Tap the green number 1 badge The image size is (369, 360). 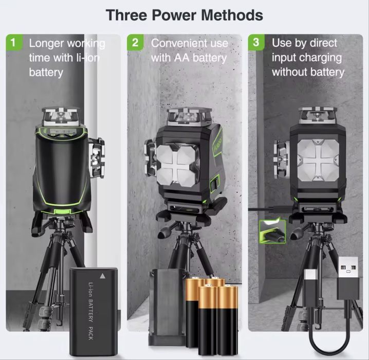(x=14, y=43)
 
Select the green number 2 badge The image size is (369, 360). (x=135, y=43)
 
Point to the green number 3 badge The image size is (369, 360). (x=256, y=43)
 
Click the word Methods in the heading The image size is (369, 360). (x=232, y=15)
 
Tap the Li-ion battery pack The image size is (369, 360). (x=94, y=311)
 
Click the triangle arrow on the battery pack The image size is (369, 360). (x=102, y=276)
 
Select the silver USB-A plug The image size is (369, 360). (x=348, y=267)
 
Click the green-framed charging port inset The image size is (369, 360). (x=272, y=231)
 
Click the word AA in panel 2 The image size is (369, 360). (x=182, y=58)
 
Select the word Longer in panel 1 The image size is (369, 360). (x=46, y=44)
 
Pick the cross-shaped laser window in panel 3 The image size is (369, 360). (x=318, y=160)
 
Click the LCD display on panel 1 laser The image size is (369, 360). (x=62, y=133)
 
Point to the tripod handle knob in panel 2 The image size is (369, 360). (x=163, y=233)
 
